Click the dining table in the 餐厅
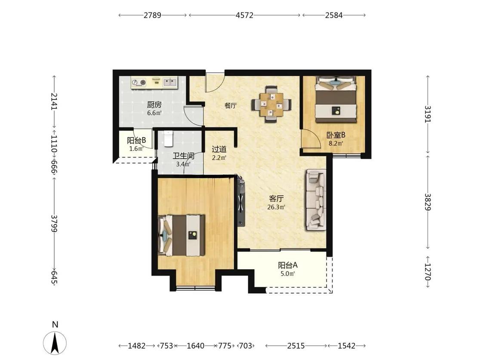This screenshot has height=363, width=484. pos(271,105)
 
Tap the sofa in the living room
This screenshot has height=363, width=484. pos(316,200)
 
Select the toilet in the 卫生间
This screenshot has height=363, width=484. pos(168,138)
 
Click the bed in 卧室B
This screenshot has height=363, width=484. pos(336,99)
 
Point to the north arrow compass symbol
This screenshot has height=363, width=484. pos(55,343)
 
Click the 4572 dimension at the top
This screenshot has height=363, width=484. pos(244,15)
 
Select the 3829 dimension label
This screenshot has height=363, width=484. pos(428,202)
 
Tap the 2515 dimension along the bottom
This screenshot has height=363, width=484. pos(296,346)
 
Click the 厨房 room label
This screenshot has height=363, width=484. pos(154,105)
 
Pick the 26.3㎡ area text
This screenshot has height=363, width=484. pos(276,207)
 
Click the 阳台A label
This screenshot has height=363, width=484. pos(288,265)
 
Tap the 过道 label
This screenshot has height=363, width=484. pos(219,149)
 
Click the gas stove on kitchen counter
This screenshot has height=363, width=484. pos(139,83)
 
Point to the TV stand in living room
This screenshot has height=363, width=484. pos(240,200)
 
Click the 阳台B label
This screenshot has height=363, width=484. pos(136,141)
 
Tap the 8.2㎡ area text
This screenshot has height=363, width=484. pos(336,143)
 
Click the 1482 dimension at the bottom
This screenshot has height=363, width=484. pos(137,346)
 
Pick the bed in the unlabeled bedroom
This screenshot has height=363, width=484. pos(182,235)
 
